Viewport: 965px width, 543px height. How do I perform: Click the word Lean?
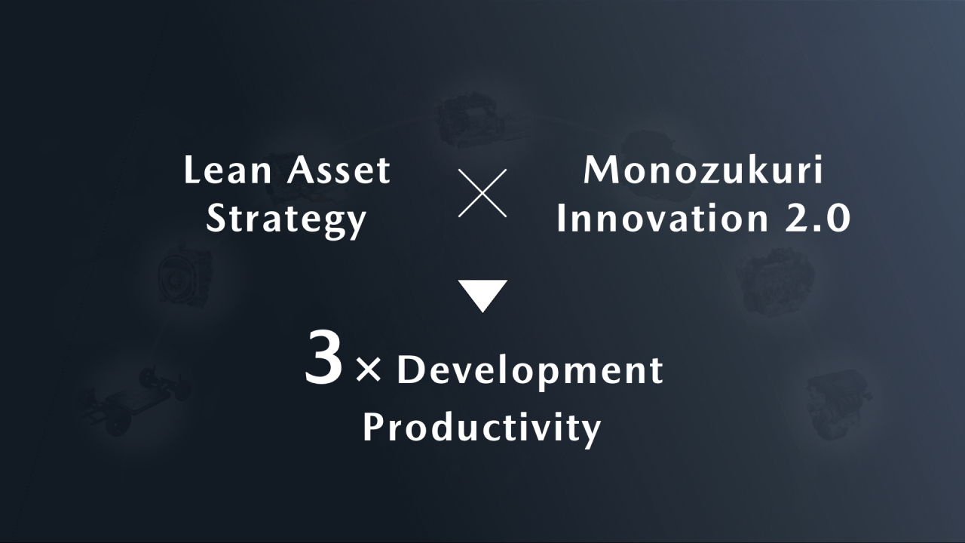click(228, 170)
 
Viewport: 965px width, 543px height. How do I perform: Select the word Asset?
click(339, 170)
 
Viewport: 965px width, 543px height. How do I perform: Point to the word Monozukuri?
click(703, 170)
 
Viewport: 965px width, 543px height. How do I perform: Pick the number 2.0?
click(817, 218)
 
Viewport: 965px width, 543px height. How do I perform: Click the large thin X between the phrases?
click(482, 193)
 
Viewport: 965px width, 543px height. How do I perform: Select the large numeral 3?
click(324, 357)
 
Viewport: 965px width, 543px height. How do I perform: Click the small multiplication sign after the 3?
click(369, 370)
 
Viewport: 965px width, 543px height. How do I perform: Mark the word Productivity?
click(482, 428)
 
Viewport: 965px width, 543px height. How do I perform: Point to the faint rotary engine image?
click(185, 275)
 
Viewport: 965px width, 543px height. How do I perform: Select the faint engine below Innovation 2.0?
click(776, 282)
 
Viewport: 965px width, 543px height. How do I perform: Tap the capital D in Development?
click(409, 370)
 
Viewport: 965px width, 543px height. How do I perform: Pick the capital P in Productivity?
click(373, 427)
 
